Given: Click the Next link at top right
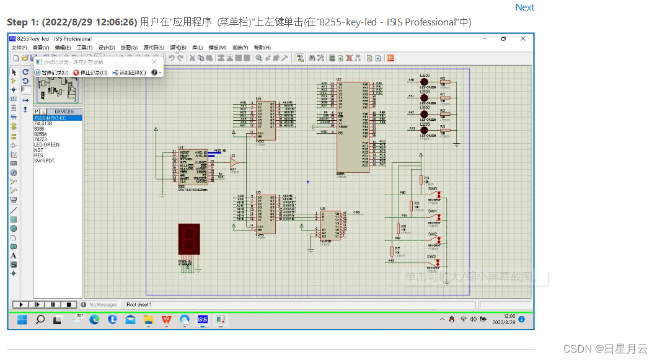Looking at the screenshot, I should [524, 7].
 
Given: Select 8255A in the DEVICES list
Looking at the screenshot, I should [40, 133].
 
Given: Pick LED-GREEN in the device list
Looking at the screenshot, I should [46, 144].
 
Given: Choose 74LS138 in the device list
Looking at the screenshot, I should [43, 123].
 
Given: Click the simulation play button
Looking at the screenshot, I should [20, 304].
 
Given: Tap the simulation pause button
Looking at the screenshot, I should [53, 304].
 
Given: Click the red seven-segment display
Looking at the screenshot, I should [188, 239].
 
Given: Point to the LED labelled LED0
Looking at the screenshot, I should [425, 82].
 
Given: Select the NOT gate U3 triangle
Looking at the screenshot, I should [233, 162].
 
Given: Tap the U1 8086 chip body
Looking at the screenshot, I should [193, 166].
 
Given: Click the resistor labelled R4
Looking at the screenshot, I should [421, 180].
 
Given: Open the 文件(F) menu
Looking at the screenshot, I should [19, 48].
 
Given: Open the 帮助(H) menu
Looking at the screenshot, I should [262, 48].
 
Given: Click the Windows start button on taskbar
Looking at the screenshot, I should [23, 320].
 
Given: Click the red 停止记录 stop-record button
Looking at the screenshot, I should [90, 72].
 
